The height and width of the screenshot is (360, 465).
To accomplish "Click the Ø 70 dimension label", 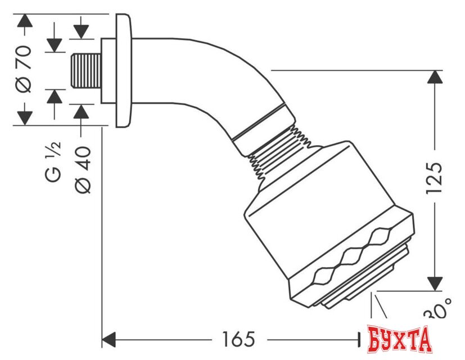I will pyautogui.click(x=24, y=68).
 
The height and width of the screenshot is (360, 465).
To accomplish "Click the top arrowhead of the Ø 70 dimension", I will pyautogui.click(x=24, y=22).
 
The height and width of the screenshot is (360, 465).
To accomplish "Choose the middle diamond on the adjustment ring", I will pyautogui.click(x=353, y=256).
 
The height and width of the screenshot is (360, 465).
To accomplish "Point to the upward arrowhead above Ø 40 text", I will pyautogui.click(x=82, y=111).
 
